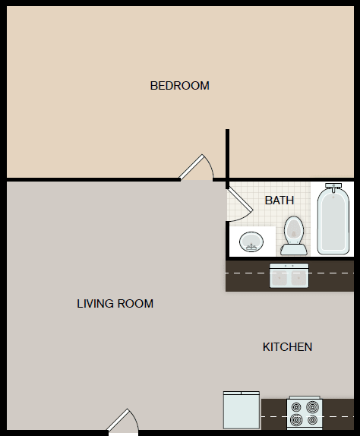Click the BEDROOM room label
click(x=179, y=86)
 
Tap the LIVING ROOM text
click(x=115, y=304)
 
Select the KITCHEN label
click(x=287, y=347)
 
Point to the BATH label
click(x=279, y=201)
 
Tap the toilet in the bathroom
click(x=293, y=235)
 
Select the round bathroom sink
click(x=251, y=242)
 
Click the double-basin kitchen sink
click(x=289, y=276)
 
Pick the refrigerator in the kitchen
click(x=242, y=410)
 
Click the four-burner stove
click(x=305, y=414)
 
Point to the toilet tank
click(x=293, y=248)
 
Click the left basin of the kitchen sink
click(x=280, y=277)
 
